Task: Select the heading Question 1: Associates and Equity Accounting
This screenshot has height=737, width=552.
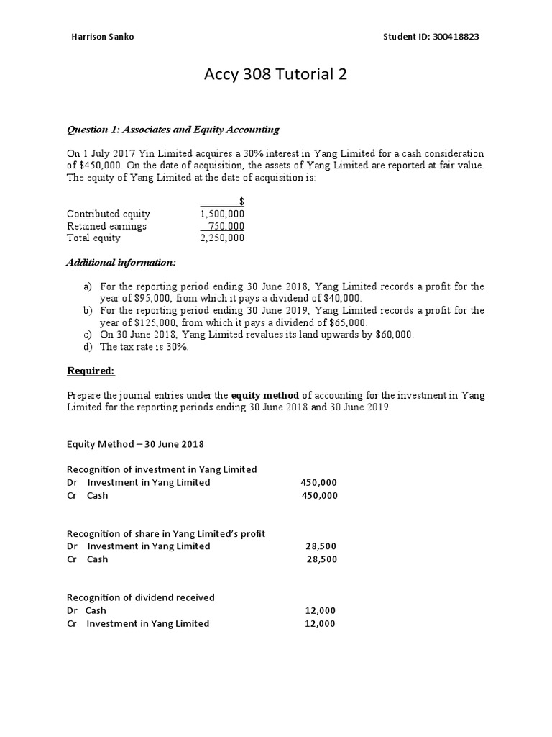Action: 172,130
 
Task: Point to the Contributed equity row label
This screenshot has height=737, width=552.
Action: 109,214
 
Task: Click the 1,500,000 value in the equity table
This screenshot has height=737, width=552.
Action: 222,214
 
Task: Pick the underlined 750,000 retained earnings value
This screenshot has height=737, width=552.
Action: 226,226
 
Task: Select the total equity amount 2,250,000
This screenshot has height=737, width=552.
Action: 222,238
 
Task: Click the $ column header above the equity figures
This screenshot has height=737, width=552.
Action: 241,202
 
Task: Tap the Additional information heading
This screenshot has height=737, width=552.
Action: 121,263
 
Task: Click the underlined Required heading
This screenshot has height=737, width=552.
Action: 91,371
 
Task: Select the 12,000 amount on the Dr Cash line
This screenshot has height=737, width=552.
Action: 320,610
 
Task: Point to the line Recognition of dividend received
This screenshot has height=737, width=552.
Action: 141,597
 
